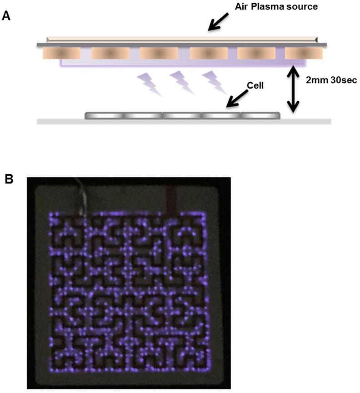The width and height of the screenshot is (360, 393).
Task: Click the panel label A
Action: (x=6, y=16)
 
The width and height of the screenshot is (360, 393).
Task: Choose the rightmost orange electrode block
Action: (x=304, y=54)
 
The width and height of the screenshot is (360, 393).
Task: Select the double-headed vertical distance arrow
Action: (x=293, y=89)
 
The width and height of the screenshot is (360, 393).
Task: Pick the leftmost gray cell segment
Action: (x=104, y=116)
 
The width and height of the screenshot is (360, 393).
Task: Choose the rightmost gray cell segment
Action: (x=260, y=116)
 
